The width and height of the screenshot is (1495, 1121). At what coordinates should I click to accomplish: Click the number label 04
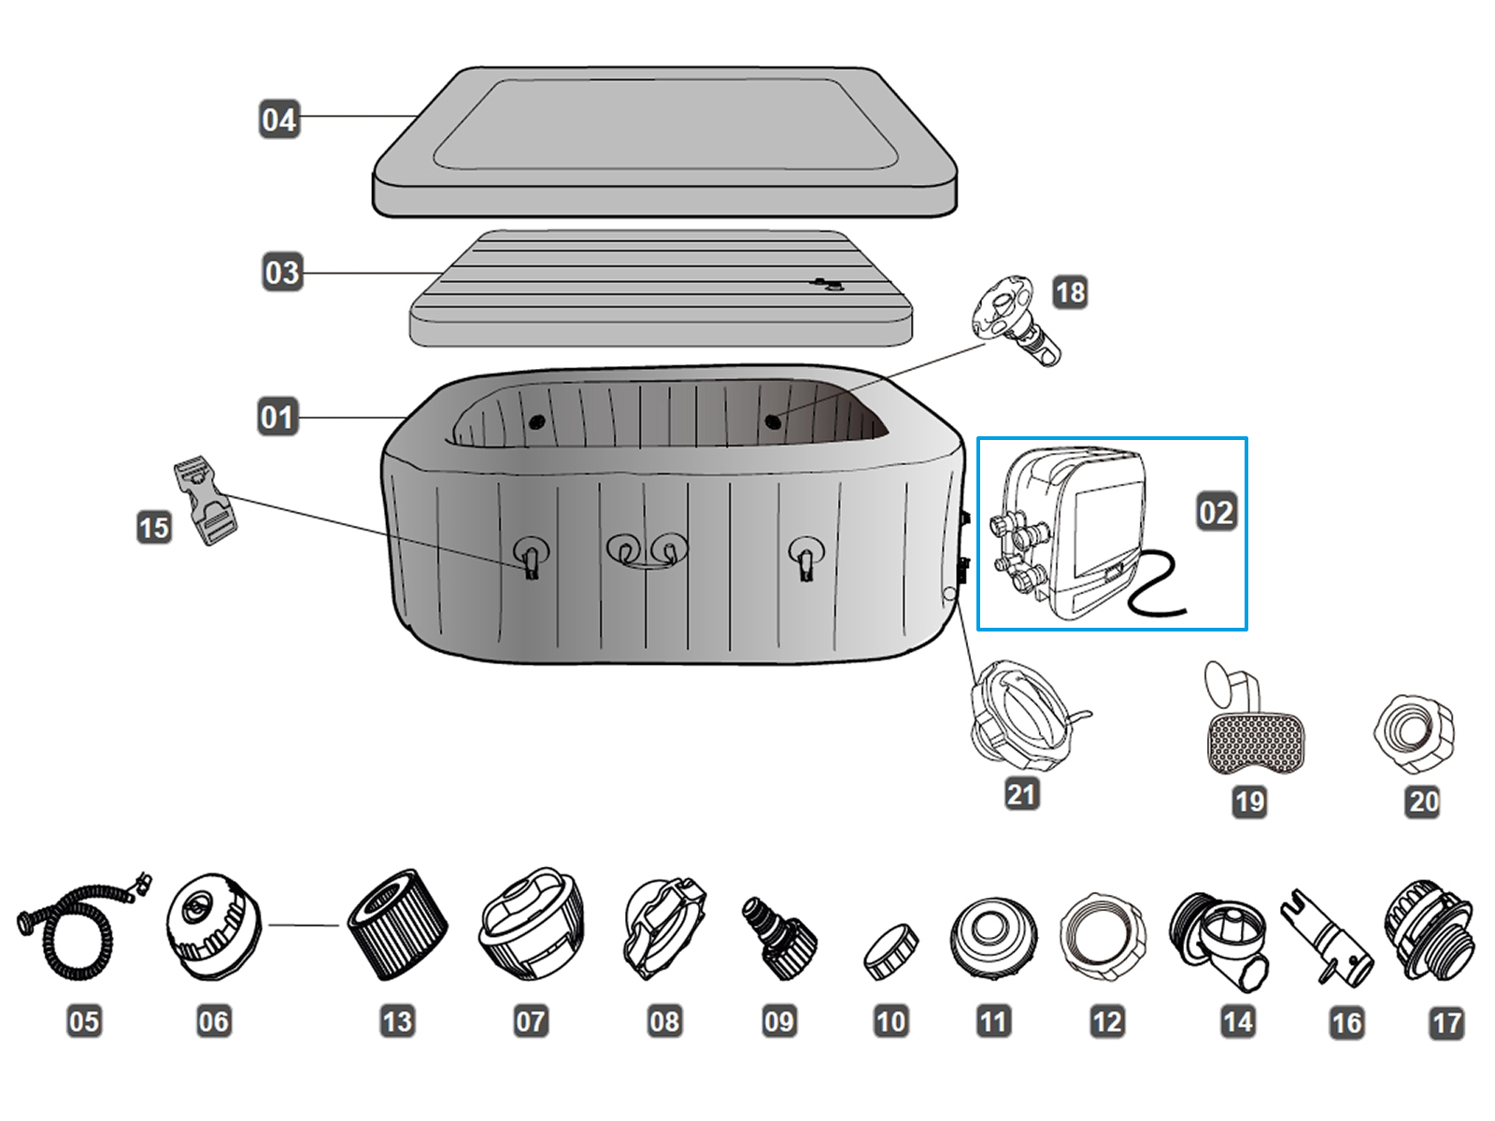[x=278, y=120]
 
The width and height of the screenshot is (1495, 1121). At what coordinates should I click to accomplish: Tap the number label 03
[x=282, y=273]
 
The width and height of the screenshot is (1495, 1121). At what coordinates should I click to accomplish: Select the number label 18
[x=1070, y=292]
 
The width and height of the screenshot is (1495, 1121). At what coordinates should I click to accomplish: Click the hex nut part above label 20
[x=1415, y=733]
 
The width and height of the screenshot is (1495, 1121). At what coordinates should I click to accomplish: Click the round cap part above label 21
[x=1022, y=715]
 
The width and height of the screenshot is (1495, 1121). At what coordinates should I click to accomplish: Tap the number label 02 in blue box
[x=1216, y=512]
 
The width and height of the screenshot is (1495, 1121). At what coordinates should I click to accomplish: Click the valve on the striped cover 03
[x=826, y=284]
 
